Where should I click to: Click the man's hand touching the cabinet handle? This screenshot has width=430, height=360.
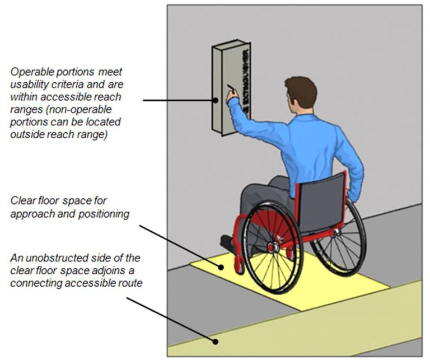point(231,97)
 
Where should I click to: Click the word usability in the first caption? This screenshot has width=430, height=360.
point(29,84)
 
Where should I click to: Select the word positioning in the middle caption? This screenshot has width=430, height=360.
point(105,213)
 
